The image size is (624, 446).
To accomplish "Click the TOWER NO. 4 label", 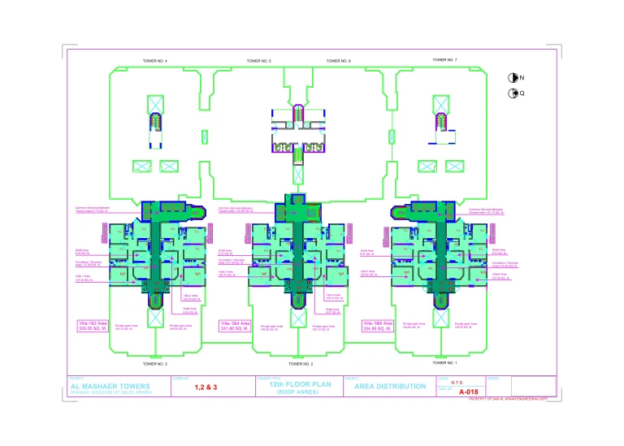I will click(154, 61).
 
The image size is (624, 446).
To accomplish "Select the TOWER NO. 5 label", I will click(258, 61).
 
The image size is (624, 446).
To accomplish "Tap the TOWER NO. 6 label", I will click(338, 61).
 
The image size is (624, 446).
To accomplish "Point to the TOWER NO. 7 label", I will click(444, 60).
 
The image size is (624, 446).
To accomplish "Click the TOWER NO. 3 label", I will click(154, 364).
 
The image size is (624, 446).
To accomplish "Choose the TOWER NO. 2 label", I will click(301, 364).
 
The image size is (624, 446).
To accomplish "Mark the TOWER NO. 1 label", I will click(444, 362).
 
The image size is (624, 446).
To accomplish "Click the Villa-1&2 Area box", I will click(86, 327).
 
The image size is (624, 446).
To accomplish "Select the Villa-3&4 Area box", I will click(233, 327).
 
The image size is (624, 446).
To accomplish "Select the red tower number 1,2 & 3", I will click(206, 388).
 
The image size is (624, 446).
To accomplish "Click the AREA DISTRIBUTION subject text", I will click(390, 387).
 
